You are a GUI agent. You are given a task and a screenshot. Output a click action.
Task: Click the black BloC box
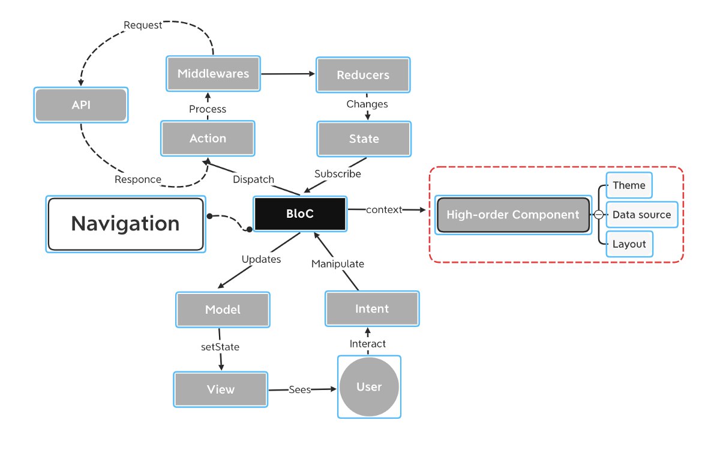pyautogui.click(x=300, y=214)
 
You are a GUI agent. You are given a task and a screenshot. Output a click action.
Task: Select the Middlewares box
pyautogui.click(x=213, y=74)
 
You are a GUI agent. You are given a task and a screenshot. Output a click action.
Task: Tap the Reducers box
pyautogui.click(x=363, y=75)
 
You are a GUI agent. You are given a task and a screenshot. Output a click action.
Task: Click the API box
pyautogui.click(x=81, y=105)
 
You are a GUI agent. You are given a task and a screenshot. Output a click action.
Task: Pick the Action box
pyautogui.click(x=208, y=139)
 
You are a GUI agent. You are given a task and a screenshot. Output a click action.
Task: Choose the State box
pyautogui.click(x=364, y=139)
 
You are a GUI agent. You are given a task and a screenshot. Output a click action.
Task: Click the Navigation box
pyautogui.click(x=125, y=224)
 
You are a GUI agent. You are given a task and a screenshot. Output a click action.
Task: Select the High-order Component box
pyautogui.click(x=514, y=215)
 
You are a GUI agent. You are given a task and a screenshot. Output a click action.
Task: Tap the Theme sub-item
pyautogui.click(x=629, y=185)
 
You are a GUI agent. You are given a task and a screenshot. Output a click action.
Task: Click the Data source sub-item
pyautogui.click(x=642, y=215)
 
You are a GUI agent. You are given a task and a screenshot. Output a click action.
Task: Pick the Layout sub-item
pyautogui.click(x=629, y=244)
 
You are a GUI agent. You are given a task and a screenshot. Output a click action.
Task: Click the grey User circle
pyautogui.click(x=369, y=386)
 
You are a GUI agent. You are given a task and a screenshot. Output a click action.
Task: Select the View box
pyautogui.click(x=221, y=389)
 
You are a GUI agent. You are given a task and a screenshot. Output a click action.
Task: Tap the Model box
pyautogui.click(x=223, y=310)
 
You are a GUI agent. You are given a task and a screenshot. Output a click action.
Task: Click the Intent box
pyautogui.click(x=372, y=309)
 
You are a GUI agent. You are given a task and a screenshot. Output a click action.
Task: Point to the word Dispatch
pyautogui.click(x=253, y=179)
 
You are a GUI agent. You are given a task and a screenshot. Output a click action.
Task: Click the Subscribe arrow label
pyautogui.click(x=337, y=174)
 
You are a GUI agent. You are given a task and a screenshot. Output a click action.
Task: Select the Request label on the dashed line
pyautogui.click(x=143, y=25)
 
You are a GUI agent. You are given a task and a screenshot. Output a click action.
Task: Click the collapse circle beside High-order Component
pyautogui.click(x=599, y=214)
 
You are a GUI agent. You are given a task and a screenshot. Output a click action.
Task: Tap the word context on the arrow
pyautogui.click(x=384, y=210)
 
